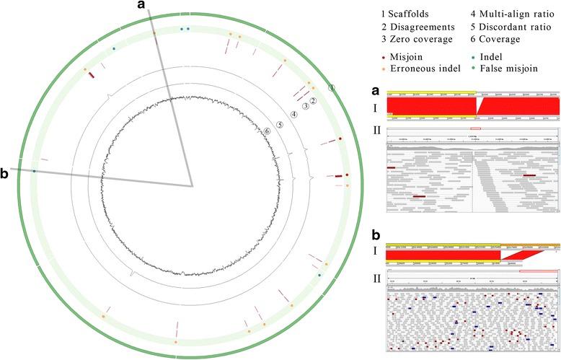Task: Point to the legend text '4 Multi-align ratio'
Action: point(508,14)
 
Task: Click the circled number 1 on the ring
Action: point(332,88)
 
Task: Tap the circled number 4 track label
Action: point(294,114)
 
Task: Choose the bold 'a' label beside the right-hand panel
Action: point(374,92)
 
